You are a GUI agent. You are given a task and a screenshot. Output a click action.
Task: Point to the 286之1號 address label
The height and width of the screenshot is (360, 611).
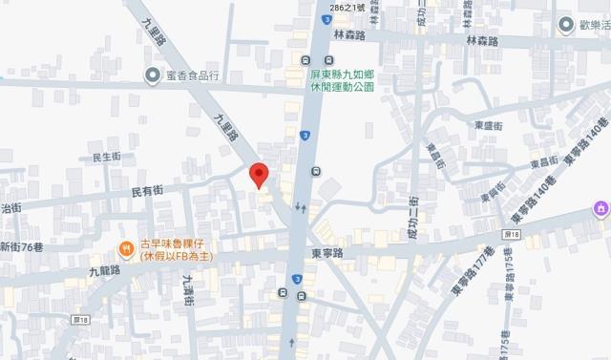[x=348, y=9]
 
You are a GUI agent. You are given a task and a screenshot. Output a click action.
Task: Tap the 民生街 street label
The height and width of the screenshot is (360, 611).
[x=105, y=157]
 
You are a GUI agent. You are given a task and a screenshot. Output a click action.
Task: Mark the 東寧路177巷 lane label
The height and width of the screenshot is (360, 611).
[x=464, y=270]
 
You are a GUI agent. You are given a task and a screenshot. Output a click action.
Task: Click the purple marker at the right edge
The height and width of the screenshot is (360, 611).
[x=600, y=208]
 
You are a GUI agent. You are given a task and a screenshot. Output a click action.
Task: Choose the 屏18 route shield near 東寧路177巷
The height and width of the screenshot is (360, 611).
[x=512, y=234]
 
